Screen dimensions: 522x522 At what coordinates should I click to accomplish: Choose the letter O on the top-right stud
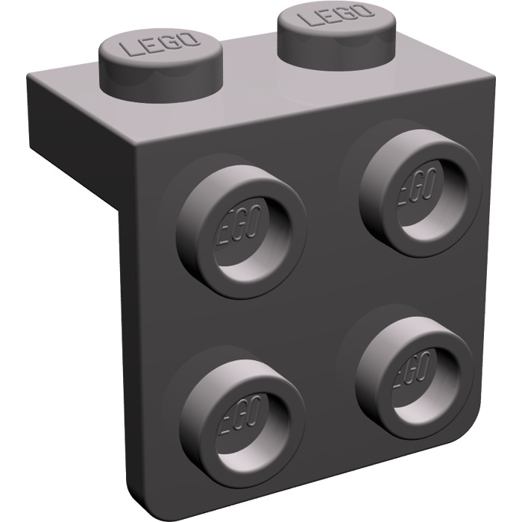click(362, 11)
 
